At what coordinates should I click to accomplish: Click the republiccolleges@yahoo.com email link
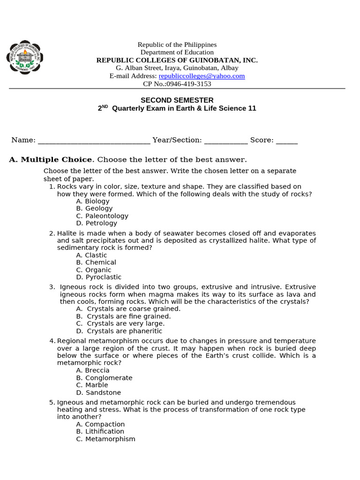pos(202,76)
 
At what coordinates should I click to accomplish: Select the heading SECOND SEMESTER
pos(177,100)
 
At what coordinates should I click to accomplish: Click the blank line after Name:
pos(94,140)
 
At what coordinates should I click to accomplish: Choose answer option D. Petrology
pos(97,223)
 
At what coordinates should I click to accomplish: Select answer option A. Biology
pos(93,201)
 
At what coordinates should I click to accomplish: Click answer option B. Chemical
pos(96,262)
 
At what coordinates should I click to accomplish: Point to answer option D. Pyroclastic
pos(99,277)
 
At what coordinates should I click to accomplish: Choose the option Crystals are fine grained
pos(123,316)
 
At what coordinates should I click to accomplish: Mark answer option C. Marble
pos(92,385)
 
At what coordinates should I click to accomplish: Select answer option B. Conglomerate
pos(105,378)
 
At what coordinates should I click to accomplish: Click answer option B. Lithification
pos(100,431)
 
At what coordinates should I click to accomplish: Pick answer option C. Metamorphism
pos(105,439)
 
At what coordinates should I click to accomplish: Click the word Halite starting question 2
pos(66,233)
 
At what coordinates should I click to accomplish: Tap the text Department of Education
pos(177,52)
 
